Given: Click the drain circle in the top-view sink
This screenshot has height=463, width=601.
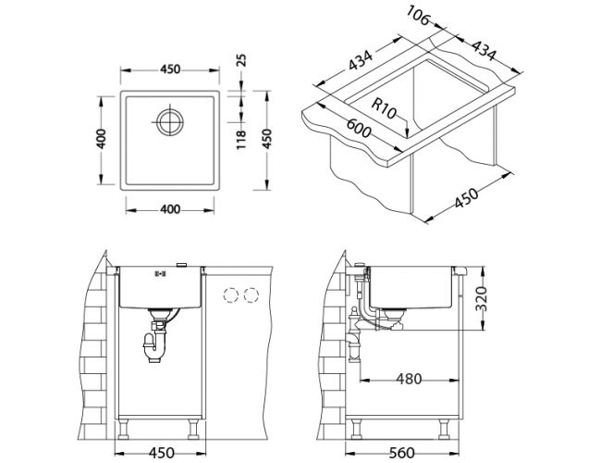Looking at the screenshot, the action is coord(170,122).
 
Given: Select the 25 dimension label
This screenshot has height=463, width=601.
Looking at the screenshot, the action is coord(241,60).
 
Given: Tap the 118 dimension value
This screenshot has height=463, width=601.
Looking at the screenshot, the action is coord(240,140).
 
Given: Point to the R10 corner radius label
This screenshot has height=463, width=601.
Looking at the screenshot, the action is coord(384,108).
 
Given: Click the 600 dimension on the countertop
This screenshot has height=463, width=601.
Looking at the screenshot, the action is coord(359,128).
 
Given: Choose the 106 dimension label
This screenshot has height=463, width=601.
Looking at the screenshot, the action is coord(418,15).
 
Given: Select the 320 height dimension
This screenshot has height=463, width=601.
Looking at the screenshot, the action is coord(481,298).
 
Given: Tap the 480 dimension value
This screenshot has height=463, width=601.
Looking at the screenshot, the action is coord(409,380).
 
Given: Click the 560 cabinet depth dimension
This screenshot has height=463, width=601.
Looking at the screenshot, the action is coord(401,453).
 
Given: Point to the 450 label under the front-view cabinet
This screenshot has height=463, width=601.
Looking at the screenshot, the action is coord(162,453).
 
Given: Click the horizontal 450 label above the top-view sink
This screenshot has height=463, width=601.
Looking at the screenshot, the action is coord(170,69).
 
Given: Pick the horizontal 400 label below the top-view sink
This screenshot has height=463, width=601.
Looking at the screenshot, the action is coord(170,209).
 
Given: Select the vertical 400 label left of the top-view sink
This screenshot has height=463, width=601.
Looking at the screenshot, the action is coord(101,139).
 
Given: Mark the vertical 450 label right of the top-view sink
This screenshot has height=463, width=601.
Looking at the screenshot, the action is coord(267,139).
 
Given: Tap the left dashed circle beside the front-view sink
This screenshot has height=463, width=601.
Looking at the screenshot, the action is coord(231,294).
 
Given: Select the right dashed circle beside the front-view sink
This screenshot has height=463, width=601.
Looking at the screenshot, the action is coord(251,294).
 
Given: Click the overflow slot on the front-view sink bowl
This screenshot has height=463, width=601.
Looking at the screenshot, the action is coord(159,273).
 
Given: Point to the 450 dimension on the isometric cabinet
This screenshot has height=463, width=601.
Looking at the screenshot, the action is coord(466,198).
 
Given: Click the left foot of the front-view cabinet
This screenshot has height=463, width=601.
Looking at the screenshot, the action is coord(123,430).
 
